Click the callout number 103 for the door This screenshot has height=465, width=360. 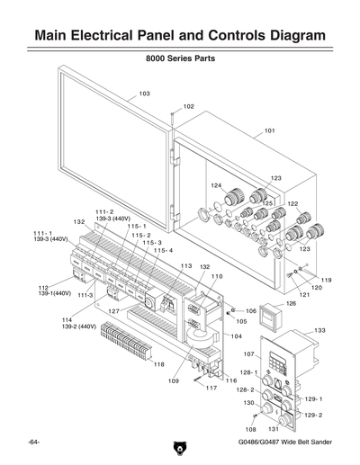(144, 94)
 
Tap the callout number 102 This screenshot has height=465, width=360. (188, 106)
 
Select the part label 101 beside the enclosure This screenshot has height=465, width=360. (269, 130)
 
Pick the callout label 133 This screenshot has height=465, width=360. (319, 330)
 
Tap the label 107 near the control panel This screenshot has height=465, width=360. (249, 354)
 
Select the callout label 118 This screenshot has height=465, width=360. (158, 364)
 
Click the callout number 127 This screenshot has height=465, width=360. (114, 311)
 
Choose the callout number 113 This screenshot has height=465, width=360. (185, 266)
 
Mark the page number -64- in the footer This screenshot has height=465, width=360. (33, 443)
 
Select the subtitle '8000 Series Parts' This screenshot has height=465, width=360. (180, 59)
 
